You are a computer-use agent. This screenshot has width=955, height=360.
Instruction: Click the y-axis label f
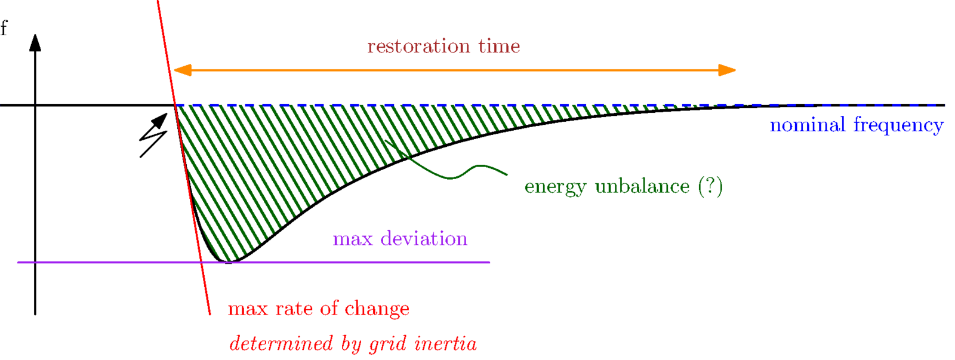click(x=4, y=27)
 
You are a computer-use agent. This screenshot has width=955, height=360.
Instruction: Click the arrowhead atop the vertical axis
click(x=35, y=43)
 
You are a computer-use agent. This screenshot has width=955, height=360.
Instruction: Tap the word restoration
click(x=418, y=46)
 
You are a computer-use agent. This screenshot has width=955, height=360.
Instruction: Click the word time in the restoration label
click(x=499, y=46)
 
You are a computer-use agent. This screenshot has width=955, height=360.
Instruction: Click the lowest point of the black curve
click(x=229, y=261)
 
